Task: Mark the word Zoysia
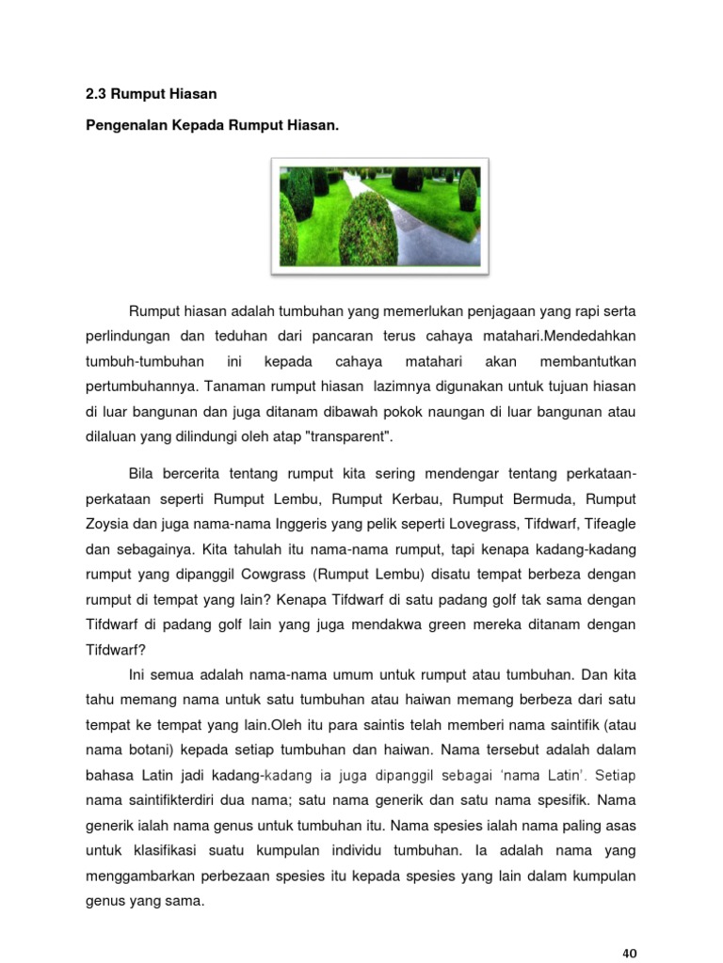pos(107,523)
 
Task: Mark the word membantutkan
pos(589,361)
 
